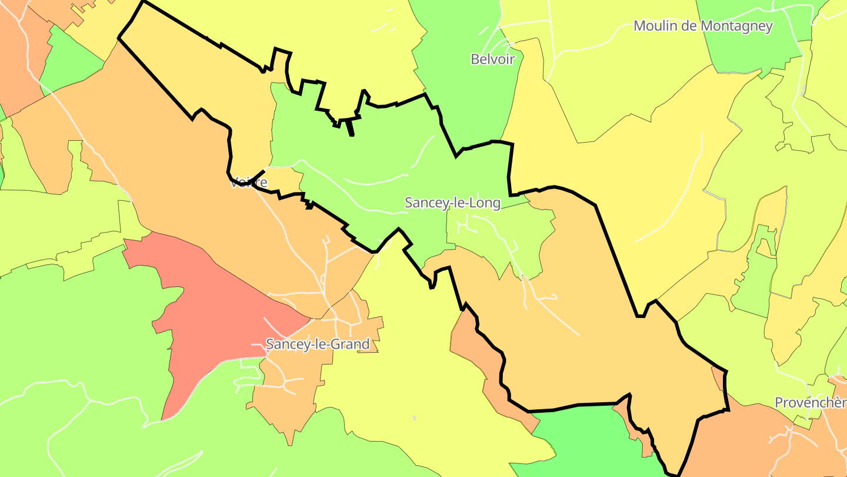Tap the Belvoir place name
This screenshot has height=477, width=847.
point(493,59)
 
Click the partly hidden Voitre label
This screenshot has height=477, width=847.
point(249,183)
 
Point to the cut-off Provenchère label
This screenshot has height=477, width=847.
point(811,403)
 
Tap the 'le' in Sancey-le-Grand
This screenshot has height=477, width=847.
point(321,344)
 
